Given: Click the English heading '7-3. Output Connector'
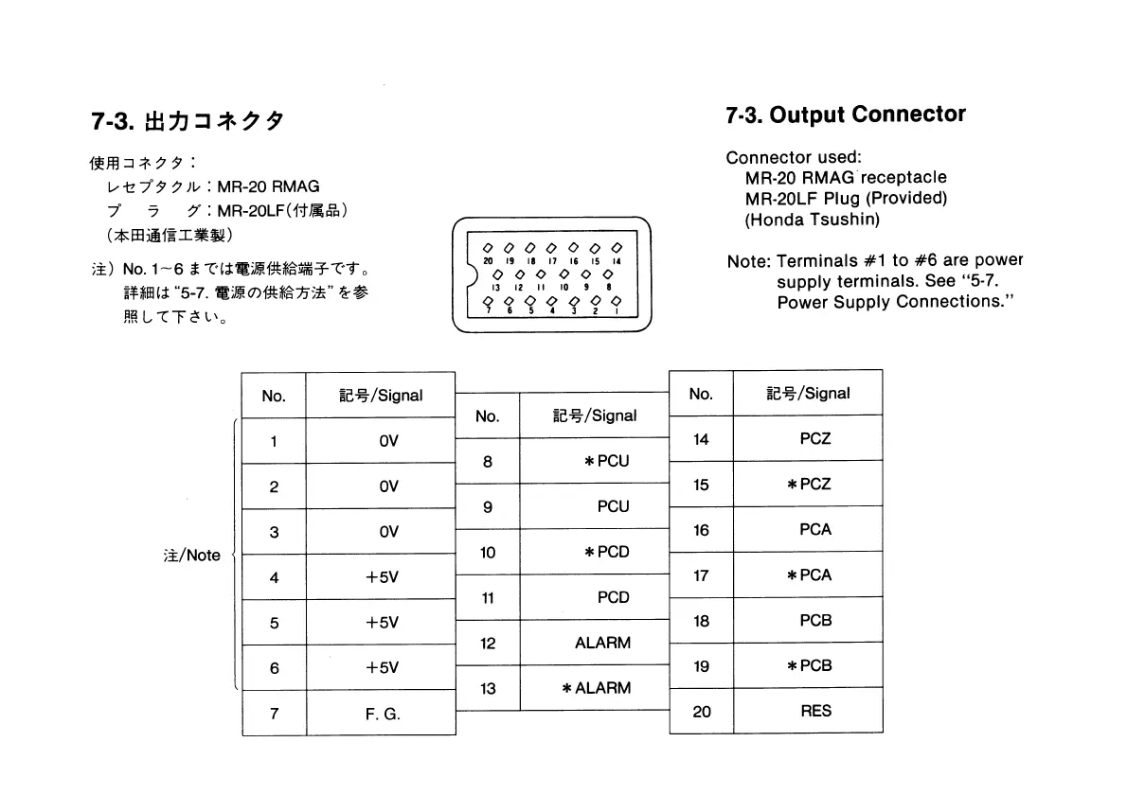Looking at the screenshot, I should coord(845,115).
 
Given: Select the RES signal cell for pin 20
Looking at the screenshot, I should coord(814,711).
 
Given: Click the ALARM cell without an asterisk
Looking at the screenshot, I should coord(602,643).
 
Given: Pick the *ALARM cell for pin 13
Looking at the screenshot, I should coord(596,688).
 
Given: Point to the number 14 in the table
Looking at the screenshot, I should coord(701,439).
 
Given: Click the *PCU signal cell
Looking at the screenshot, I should coord(606,461).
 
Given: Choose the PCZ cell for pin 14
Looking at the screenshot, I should coord(814,439).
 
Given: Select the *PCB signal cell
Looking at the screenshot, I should coord(809,665).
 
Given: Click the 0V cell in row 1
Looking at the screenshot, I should coord(387,441).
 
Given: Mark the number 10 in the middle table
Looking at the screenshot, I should coord(487,552).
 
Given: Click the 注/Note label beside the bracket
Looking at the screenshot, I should coord(191,556).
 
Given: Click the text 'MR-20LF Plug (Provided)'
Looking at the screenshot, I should coord(846,198).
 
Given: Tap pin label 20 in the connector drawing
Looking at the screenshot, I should coord(486,259).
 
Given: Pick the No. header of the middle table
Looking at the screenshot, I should coord(487,415).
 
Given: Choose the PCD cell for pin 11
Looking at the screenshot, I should coord(613,597).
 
